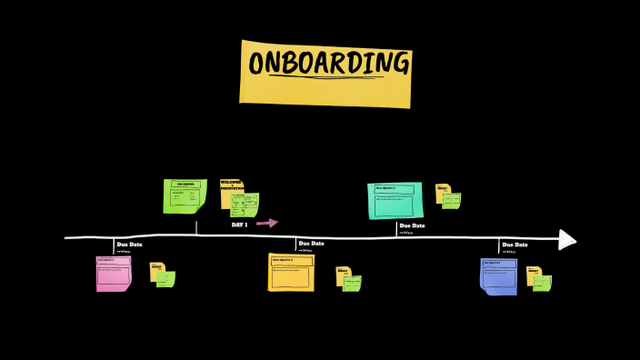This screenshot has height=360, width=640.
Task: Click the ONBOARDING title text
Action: (x=328, y=64)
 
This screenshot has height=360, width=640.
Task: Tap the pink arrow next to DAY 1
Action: (x=267, y=223)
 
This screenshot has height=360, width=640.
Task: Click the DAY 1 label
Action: (x=240, y=225)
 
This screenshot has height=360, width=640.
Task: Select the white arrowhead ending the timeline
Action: (x=567, y=239)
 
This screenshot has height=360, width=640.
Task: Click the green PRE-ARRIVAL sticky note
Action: (x=185, y=195)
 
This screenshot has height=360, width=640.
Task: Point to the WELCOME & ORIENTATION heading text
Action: (x=231, y=185)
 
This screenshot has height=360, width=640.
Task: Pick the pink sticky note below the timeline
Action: (x=114, y=274)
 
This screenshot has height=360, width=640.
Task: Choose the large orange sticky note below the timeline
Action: (x=291, y=272)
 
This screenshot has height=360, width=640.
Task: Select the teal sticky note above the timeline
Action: (x=395, y=200)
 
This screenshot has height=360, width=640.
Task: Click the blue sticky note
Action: (x=498, y=276)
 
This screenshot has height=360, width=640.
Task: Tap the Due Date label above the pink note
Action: (x=129, y=245)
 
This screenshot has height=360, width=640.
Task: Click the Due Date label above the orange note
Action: (x=311, y=244)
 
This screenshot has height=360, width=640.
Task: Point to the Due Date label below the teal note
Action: (x=412, y=225)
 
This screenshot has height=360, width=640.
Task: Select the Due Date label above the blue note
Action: (x=515, y=245)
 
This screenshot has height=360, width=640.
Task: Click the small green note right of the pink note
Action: (x=165, y=278)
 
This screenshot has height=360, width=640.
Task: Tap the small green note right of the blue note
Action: (x=542, y=282)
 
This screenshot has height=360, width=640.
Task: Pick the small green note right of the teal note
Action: (x=451, y=200)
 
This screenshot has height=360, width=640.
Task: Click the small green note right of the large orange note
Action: (x=352, y=283)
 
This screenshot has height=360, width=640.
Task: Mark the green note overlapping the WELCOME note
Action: (x=245, y=205)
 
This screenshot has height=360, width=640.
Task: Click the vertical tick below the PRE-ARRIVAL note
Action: (x=196, y=226)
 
